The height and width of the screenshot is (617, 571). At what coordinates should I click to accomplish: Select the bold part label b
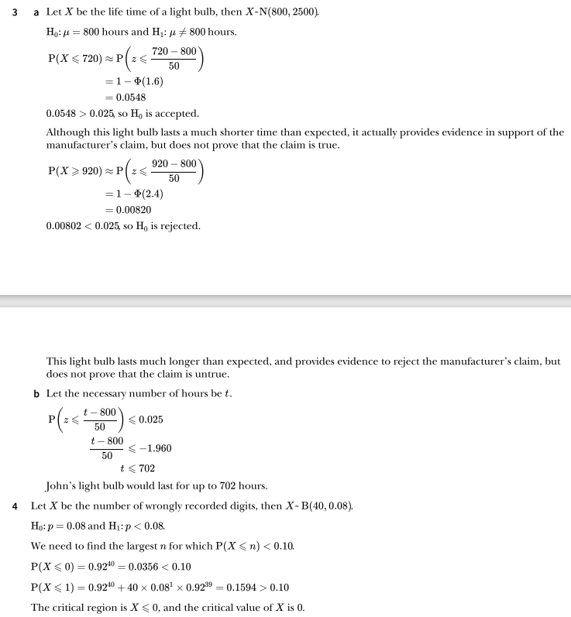pyautogui.click(x=36, y=393)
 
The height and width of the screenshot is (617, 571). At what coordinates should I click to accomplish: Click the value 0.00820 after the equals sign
pyautogui.click(x=135, y=210)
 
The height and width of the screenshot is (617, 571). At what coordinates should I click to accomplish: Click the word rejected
pyautogui.click(x=179, y=226)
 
